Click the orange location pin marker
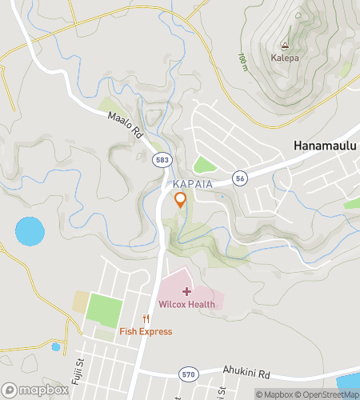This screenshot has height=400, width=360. tap(180, 200)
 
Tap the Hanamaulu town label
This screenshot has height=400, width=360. tap(323, 146)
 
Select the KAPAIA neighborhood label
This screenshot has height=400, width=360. tap(190, 184)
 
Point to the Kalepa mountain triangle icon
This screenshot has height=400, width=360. tap(284, 46)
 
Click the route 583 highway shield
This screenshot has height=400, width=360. tap(161, 161)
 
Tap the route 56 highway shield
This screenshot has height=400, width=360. tap(238, 177)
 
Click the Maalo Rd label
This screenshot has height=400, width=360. tap(125, 126)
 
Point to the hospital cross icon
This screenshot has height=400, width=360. tap(186, 291)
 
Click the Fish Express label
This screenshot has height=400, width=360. tap(146, 331)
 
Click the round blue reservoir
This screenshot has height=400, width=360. tap(30, 232)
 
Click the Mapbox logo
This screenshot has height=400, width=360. tap(34, 390)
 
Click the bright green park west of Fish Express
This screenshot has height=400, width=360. tap(104, 310)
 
